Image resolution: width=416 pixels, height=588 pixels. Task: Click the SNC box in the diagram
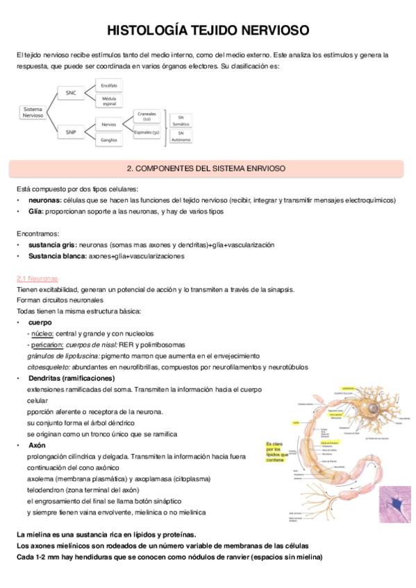coord(71,92)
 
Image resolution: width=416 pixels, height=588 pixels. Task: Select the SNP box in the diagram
coord(71,131)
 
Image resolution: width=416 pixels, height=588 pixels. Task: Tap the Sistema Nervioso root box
coord(33,112)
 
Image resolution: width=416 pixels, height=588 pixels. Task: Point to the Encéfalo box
coord(108,85)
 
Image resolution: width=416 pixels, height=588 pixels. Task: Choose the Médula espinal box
coord(108,101)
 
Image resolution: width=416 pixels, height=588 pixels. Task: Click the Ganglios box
coord(108,140)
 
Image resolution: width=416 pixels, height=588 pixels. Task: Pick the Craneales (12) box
coord(147,116)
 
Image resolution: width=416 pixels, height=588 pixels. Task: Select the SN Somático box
coord(181,121)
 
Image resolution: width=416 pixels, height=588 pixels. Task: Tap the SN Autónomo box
coord(181,136)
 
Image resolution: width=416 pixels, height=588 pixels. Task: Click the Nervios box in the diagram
coord(108,124)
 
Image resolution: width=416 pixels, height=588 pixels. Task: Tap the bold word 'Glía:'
coord(36,211)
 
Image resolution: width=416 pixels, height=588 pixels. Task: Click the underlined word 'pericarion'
coord(45,344)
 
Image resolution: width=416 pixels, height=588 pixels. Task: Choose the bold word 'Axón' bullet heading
coord(37,444)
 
